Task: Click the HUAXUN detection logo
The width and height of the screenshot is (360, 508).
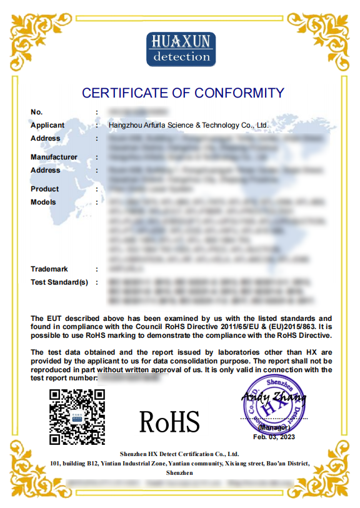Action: [x=181, y=49]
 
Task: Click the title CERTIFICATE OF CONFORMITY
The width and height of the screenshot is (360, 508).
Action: [x=183, y=93]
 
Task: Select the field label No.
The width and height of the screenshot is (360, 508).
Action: [x=36, y=112]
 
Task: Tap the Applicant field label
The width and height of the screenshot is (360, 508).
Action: [x=47, y=125]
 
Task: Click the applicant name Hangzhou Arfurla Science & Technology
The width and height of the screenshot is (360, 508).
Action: [x=189, y=125]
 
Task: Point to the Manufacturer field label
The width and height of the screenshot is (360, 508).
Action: [x=54, y=157]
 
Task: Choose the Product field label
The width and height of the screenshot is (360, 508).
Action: [x=44, y=189]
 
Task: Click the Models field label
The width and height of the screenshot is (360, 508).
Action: [x=43, y=202]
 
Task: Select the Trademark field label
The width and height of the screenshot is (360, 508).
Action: [x=49, y=269]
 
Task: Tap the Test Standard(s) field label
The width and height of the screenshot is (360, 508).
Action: [x=59, y=282]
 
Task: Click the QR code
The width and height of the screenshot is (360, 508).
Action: [x=77, y=416]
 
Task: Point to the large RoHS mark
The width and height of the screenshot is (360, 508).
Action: [x=169, y=421]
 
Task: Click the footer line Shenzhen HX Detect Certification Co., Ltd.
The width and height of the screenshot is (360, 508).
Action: [x=179, y=454]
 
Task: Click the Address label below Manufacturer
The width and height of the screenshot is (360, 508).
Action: [x=45, y=170]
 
